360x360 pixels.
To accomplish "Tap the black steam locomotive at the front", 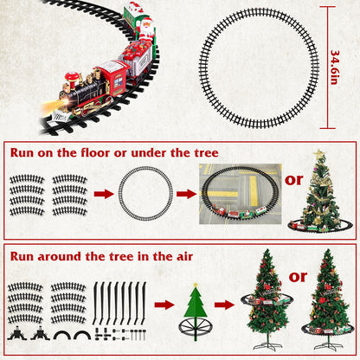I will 81,88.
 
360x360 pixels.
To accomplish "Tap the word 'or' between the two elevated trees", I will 299,276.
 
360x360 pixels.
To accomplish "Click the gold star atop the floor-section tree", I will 319,154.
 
